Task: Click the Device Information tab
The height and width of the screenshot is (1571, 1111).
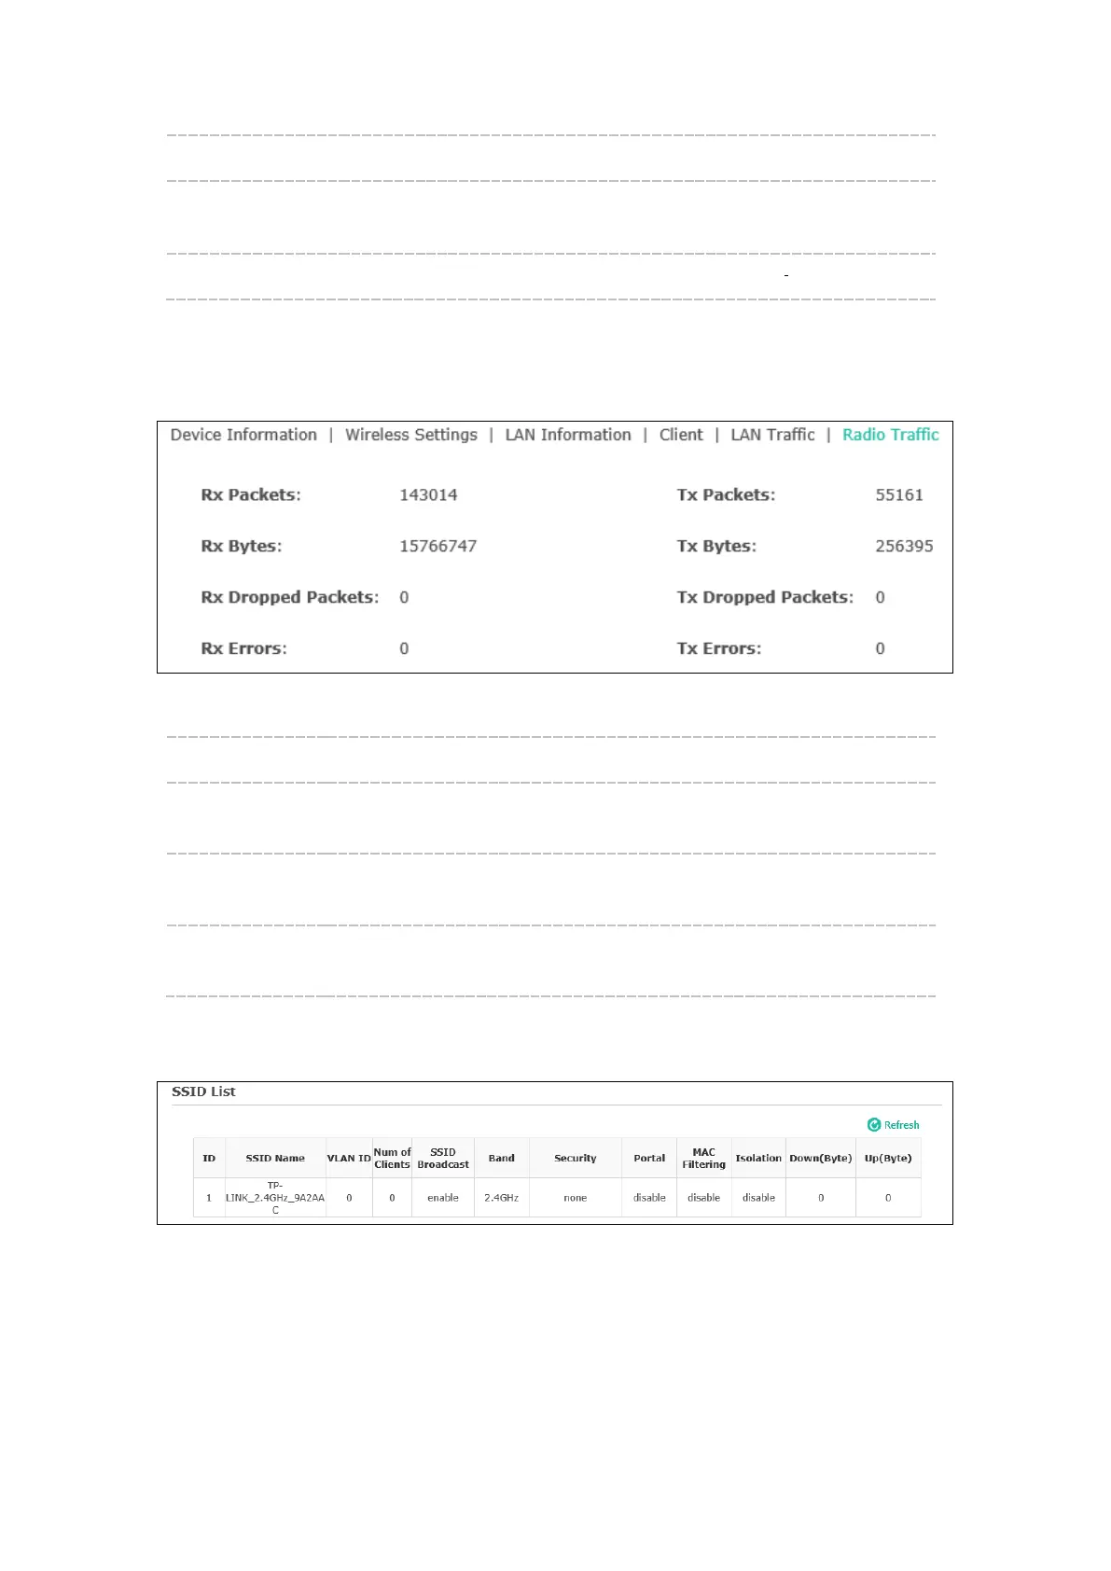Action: click(x=243, y=435)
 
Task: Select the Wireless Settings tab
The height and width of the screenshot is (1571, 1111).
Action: click(x=410, y=435)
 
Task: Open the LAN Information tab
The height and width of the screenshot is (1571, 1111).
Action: click(x=567, y=435)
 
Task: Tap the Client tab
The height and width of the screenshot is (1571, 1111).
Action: click(x=681, y=435)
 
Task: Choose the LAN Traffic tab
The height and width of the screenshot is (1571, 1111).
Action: click(x=772, y=435)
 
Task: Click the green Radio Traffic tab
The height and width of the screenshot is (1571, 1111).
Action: click(x=890, y=435)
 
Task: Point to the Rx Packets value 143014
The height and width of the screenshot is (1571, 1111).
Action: click(x=428, y=495)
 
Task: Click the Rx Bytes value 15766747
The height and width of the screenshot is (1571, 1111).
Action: click(x=437, y=547)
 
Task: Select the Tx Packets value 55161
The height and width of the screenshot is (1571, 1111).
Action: click(x=898, y=495)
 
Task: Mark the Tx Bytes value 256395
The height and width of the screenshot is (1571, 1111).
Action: click(x=903, y=547)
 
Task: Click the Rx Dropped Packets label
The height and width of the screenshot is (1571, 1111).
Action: click(x=290, y=597)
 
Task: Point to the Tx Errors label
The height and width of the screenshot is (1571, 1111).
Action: click(x=718, y=648)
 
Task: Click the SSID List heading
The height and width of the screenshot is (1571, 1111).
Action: click(x=203, y=1091)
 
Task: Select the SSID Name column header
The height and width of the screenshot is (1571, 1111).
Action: click(x=275, y=1159)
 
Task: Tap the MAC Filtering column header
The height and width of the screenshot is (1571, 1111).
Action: click(x=703, y=1159)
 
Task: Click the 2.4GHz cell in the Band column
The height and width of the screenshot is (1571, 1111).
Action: click(x=501, y=1198)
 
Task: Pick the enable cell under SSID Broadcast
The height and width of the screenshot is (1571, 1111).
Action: click(x=443, y=1198)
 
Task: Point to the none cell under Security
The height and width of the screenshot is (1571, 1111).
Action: click(x=575, y=1198)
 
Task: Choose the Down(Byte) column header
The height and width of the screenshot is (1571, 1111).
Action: click(x=820, y=1159)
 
